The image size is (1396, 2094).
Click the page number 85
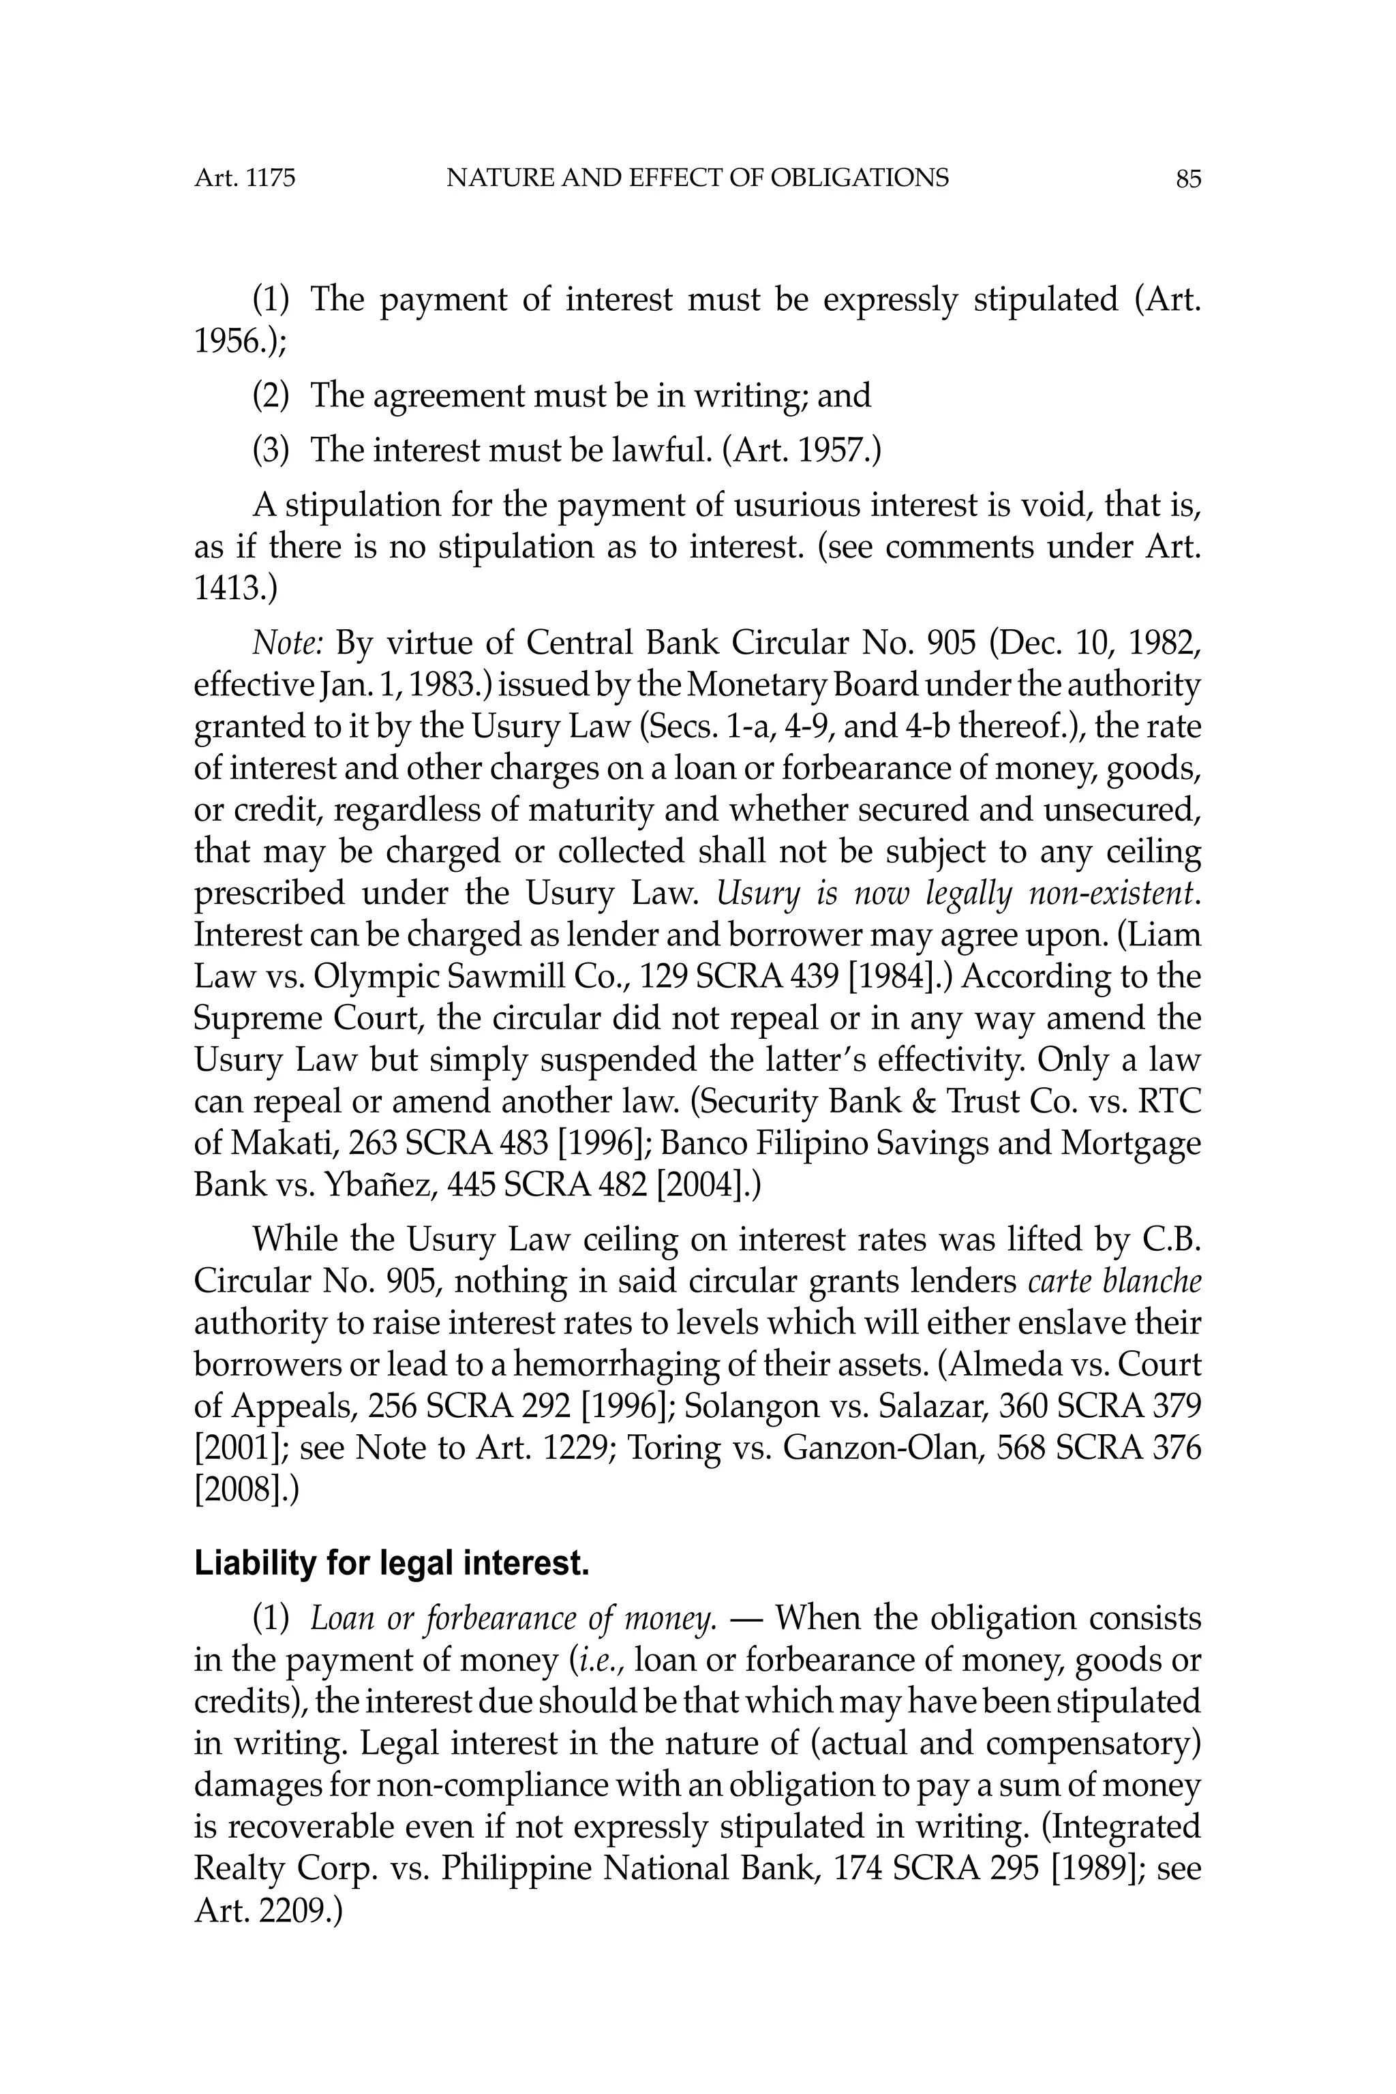(x=1187, y=180)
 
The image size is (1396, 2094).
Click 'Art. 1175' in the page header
(x=245, y=179)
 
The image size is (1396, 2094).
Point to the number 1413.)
(x=235, y=588)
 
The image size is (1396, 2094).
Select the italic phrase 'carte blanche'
(x=1114, y=1281)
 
